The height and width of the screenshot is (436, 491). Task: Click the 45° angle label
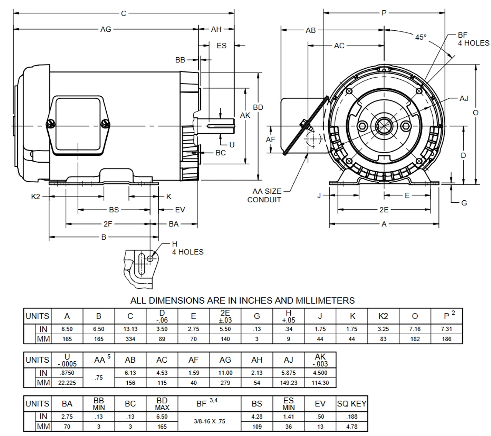(420, 37)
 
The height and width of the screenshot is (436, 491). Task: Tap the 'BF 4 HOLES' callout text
(473, 39)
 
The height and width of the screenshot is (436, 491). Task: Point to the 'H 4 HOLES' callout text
(187, 248)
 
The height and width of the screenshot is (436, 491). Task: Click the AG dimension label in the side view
(105, 29)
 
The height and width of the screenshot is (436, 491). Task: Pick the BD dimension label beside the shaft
(258, 107)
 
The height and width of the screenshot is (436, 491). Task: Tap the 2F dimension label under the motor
(107, 224)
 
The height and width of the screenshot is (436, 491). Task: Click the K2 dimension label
(36, 197)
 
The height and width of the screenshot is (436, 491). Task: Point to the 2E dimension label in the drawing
(384, 210)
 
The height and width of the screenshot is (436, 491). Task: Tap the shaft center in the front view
(384, 126)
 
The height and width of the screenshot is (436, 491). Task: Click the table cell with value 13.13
(130, 329)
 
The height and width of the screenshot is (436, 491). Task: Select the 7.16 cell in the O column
(415, 329)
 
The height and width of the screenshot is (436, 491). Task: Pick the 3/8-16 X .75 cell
(209, 421)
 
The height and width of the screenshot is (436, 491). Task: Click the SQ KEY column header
(351, 403)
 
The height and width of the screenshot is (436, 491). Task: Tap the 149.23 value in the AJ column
(288, 383)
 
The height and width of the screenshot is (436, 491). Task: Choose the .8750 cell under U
(67, 373)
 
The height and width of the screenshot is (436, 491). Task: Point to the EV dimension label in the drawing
(180, 210)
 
